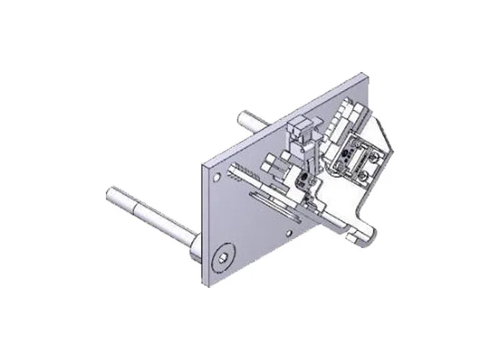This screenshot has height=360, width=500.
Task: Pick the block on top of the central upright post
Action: pyautogui.click(x=298, y=131)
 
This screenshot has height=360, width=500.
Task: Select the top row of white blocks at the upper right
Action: pyautogui.click(x=347, y=110)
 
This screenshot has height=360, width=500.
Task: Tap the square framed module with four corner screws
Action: pyautogui.click(x=360, y=159)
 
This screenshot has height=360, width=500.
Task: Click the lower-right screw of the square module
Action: pyautogui.click(x=370, y=174)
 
